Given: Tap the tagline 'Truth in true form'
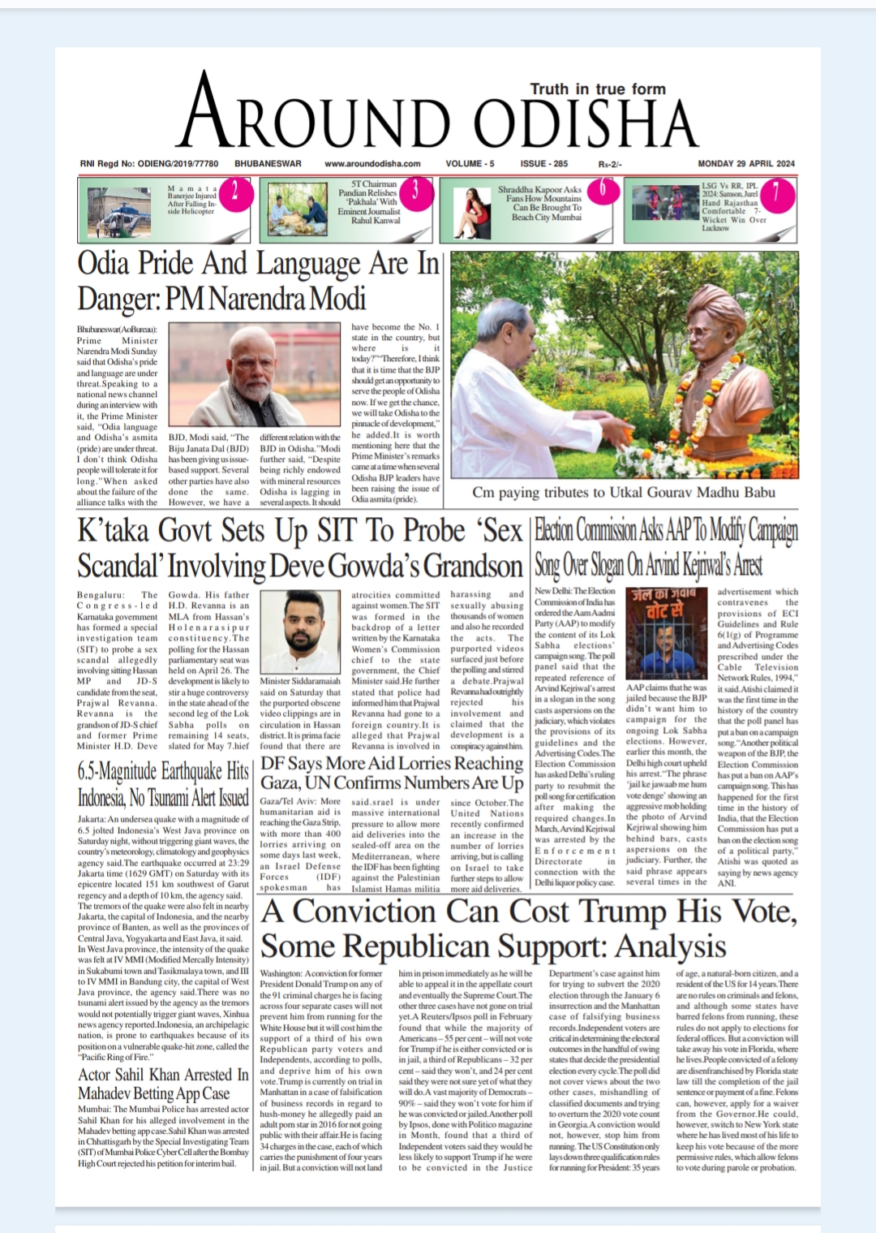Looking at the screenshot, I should (597, 88).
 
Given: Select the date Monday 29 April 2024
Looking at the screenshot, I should (748, 163).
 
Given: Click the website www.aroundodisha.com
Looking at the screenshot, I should (372, 163).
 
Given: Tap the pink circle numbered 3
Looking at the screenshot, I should (415, 192).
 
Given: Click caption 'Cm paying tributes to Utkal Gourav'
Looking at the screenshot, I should (624, 492).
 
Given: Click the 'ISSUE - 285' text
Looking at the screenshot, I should (543, 163).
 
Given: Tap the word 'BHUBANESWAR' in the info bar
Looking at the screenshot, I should (268, 163).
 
